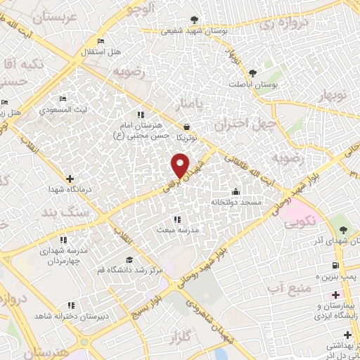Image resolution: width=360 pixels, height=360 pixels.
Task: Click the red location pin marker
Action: coord(180,165)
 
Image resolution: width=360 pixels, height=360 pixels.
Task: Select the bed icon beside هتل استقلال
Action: coord(101,41)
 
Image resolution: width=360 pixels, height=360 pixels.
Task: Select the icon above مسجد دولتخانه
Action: coord(236,191)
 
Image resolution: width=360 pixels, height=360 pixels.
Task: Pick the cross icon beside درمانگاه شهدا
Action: coord(69,179)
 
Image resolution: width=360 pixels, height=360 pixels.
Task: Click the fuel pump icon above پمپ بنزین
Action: coord(334,265)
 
